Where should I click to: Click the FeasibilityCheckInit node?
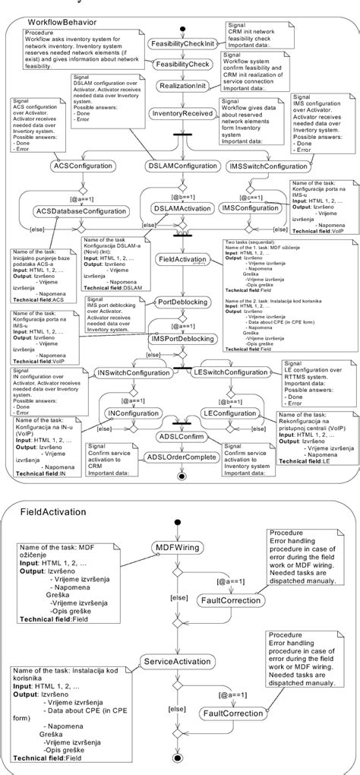(x=182, y=44)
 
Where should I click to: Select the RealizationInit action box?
(x=181, y=87)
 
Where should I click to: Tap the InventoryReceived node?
(x=181, y=113)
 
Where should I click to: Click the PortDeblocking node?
(x=179, y=302)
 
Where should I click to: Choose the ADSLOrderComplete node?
(x=182, y=458)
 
